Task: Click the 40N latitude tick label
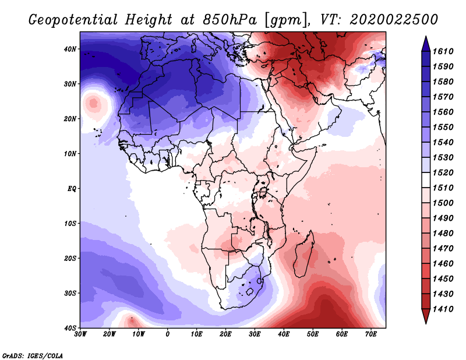[70, 49]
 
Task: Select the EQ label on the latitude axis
[71, 188]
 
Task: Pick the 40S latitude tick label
[70, 327]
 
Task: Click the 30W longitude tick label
[80, 334]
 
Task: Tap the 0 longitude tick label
[168, 334]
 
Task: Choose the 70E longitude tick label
[370, 334]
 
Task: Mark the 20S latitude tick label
[70, 258]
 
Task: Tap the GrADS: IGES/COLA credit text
[33, 354]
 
